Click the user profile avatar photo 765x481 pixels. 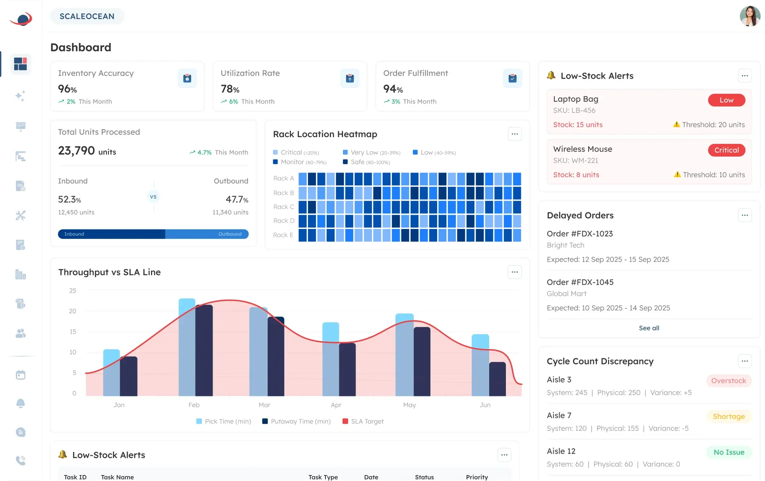coord(750,16)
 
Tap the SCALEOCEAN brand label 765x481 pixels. coord(87,16)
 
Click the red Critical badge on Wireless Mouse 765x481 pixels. coord(726,150)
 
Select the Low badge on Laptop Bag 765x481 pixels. coord(726,100)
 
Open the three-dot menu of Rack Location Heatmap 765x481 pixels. coord(514,134)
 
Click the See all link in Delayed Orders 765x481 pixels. coord(649,328)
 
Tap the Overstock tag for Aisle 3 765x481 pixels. coord(728,381)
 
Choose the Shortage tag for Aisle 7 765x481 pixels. coord(728,417)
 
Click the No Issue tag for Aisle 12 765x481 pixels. coord(728,452)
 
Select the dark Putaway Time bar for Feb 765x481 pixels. coord(204,350)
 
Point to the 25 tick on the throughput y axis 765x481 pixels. coord(73,291)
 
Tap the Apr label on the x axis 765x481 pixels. coord(336,405)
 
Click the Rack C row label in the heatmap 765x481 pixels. coord(283,207)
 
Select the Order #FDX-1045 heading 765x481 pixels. coord(580,282)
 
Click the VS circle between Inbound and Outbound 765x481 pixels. coord(153,197)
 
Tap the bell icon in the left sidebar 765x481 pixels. coord(21,403)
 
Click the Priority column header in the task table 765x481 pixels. coord(476,477)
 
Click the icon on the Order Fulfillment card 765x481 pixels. coord(512,78)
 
